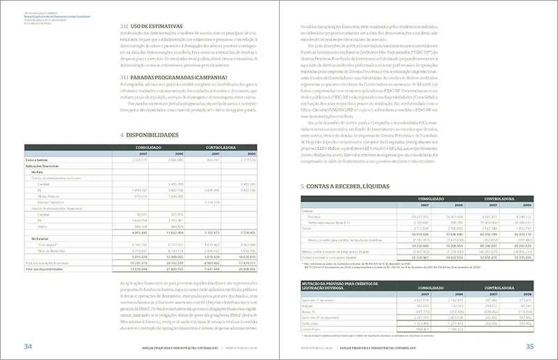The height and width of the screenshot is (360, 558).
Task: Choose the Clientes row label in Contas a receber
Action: (x=308, y=211)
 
